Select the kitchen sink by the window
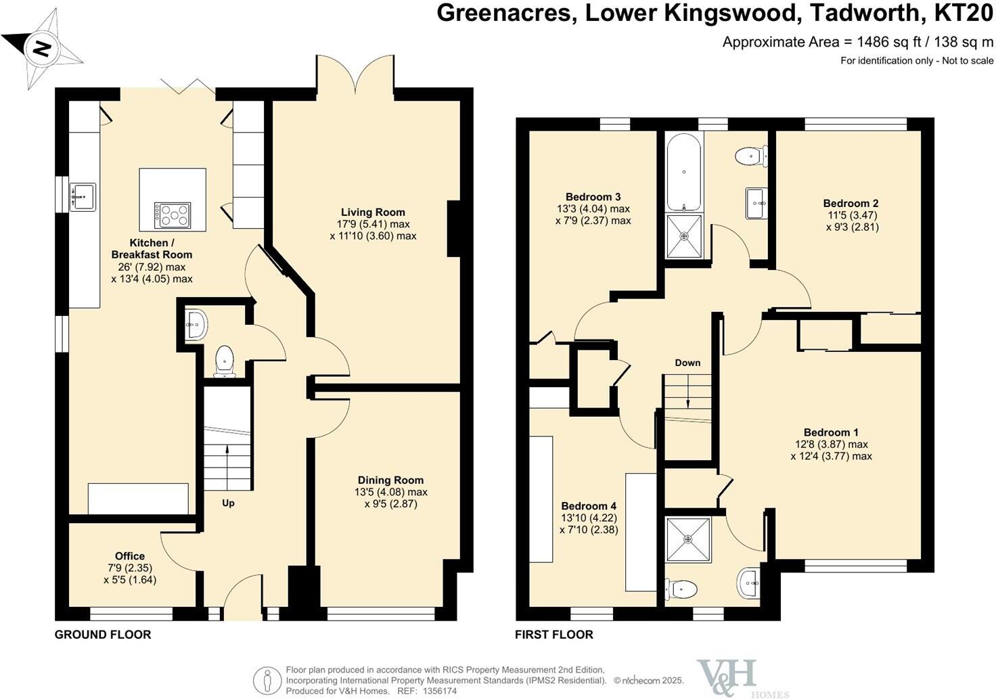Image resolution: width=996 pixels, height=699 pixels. [83, 196]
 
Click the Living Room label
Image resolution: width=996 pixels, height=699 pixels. [373, 212]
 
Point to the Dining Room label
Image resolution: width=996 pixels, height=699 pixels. [390, 480]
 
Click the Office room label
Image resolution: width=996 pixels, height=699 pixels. [129, 556]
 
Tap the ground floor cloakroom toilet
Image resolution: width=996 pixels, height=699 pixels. [224, 361]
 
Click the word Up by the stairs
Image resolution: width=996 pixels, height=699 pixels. [228, 503]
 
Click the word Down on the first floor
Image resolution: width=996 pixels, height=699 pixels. [687, 363]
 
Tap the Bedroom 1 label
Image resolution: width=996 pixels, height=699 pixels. [831, 432]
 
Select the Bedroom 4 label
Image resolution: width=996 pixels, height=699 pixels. [589, 505]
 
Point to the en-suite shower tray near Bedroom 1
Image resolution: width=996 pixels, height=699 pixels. [688, 539]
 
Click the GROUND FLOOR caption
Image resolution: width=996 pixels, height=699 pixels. [103, 634]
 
